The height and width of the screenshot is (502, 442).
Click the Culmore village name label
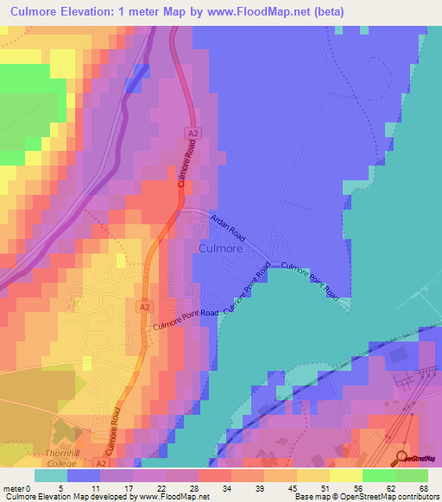pos(221,248)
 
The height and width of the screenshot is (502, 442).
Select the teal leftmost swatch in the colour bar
pos(51,475)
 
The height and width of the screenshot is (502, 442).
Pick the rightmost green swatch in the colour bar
pos(411,475)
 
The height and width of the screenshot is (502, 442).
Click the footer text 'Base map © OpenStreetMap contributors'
pos(364,496)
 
